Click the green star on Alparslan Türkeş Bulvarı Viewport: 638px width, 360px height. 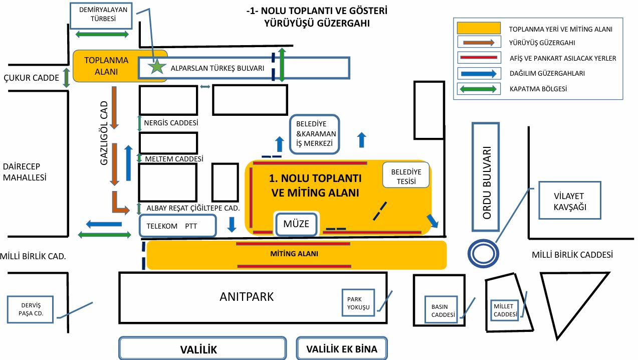point(157,66)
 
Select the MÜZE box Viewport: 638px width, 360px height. point(296,224)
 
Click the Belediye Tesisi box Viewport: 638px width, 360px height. point(406,175)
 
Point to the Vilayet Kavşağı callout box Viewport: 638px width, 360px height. point(569,201)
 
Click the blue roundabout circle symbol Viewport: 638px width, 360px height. point(482,253)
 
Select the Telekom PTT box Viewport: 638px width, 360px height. point(177,226)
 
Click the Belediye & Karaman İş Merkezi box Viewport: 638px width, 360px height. point(315,134)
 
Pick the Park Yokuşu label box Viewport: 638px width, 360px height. point(358,303)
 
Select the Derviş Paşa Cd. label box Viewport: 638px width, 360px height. point(30,309)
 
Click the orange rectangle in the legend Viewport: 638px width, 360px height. point(478,29)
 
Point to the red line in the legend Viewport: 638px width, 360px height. point(478,58)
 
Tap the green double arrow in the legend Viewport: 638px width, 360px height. point(478,89)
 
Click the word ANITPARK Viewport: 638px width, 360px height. point(247,296)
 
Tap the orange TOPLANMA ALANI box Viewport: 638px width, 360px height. point(106,66)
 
